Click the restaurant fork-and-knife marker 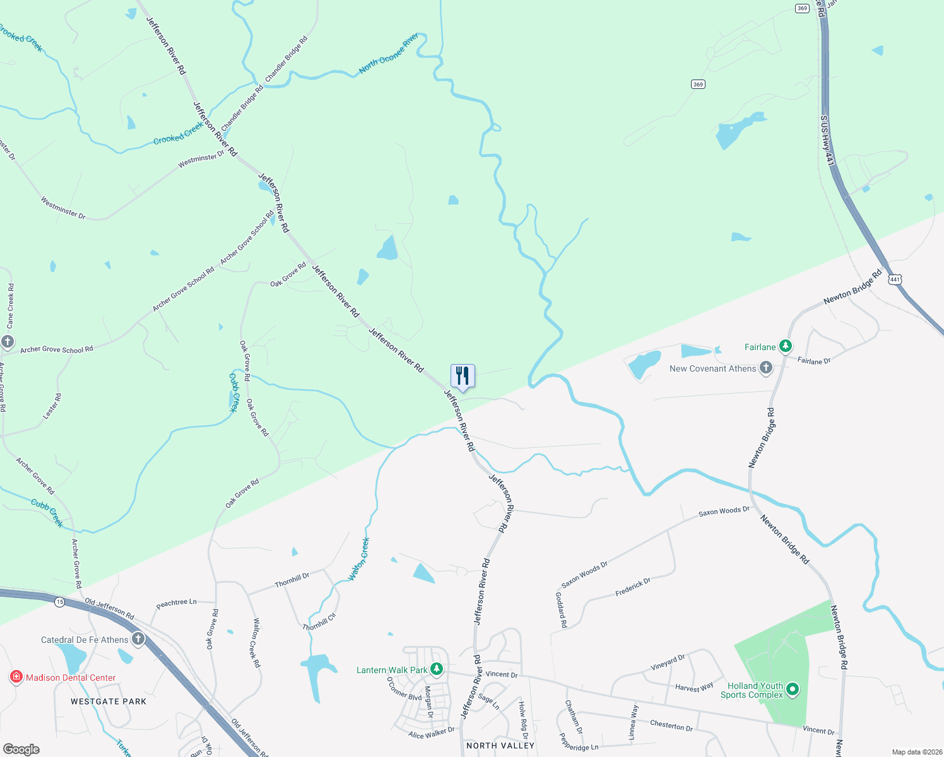point(463,377)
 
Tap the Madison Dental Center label point(71,678)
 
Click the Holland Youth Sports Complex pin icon point(793,690)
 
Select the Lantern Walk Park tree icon point(437,669)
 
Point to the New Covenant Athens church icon point(766,368)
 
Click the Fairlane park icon point(785,346)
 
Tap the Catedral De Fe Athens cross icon point(138,640)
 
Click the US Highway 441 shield point(895,279)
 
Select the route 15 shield point(59,602)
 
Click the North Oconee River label point(389,54)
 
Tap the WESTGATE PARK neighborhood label point(109,701)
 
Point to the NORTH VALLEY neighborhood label point(500,746)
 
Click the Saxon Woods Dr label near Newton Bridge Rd point(724,512)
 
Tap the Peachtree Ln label point(176,603)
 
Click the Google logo point(21,749)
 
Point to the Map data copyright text point(914,752)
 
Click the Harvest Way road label point(694,688)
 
